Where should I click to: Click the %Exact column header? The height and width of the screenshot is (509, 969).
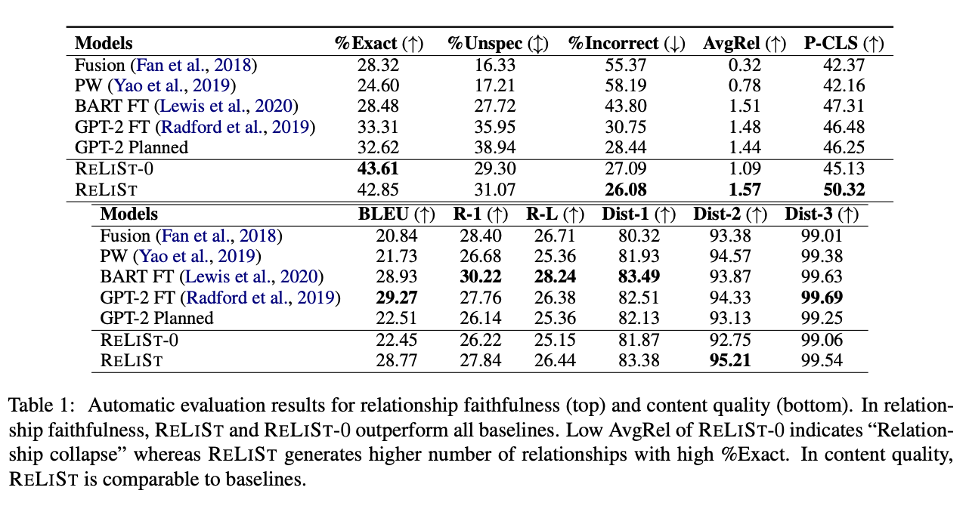click(x=379, y=43)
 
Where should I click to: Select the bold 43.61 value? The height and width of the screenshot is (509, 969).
click(x=378, y=168)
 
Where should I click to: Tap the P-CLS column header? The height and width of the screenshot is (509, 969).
click(x=844, y=43)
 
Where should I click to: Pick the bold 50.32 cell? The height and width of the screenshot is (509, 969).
click(x=844, y=190)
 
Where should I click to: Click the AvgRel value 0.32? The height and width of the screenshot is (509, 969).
click(x=745, y=65)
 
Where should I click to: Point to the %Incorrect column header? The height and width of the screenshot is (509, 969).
click(x=626, y=43)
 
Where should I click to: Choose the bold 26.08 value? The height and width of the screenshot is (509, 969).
click(x=626, y=190)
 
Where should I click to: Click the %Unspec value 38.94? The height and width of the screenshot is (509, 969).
click(x=495, y=147)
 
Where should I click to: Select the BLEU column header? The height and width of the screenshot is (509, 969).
click(x=396, y=214)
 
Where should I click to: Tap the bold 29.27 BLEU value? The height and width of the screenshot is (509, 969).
click(x=397, y=298)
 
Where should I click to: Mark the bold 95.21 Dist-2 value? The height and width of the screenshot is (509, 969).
click(x=730, y=360)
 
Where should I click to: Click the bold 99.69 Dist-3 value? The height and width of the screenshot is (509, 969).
click(x=822, y=298)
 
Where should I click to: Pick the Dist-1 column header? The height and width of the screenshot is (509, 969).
click(x=639, y=214)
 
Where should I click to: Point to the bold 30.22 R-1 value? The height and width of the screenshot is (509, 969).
click(x=481, y=276)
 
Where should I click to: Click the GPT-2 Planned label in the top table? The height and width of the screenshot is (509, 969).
click(x=132, y=147)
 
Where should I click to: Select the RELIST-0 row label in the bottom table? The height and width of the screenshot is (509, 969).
click(x=139, y=340)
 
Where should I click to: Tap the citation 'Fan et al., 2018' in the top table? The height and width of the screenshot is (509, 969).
click(x=193, y=65)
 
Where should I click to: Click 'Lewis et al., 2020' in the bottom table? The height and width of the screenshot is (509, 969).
click(x=252, y=276)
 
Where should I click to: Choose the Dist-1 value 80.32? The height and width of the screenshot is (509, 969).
click(x=639, y=236)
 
